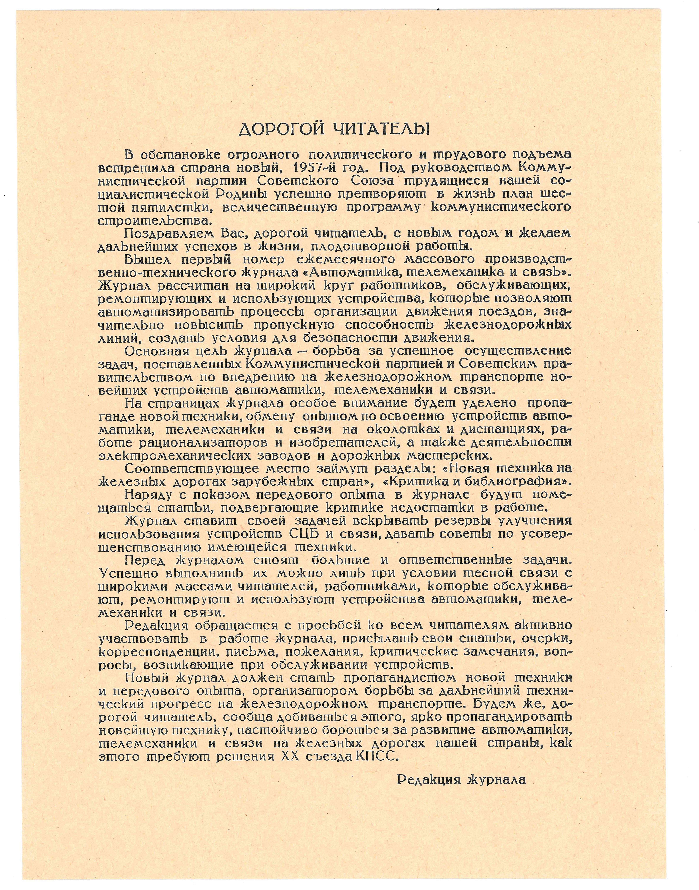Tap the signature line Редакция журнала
[461, 780]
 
